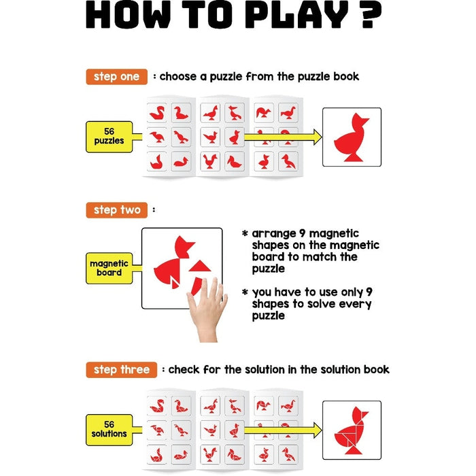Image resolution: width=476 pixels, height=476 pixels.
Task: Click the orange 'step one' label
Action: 116,77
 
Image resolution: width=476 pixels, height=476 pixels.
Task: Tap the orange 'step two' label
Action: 117,210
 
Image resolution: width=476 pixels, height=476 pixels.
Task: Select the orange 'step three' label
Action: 122,370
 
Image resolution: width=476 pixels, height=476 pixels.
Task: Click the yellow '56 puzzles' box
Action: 109,137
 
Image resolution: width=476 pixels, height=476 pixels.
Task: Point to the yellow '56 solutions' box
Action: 109,430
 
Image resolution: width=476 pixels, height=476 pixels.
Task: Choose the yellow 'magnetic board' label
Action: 109,268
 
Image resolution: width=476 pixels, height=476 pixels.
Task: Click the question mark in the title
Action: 371,14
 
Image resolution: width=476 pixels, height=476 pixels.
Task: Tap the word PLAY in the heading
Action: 299,14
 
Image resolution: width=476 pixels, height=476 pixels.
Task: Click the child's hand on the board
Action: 208,308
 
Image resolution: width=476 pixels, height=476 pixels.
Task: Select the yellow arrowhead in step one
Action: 318,137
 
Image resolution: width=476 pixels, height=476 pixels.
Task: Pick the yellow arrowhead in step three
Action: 318,430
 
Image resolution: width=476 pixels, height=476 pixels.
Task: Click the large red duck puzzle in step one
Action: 352,137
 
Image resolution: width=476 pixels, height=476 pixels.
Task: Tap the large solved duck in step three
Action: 352,430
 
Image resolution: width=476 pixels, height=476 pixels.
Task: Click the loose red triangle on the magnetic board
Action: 200,267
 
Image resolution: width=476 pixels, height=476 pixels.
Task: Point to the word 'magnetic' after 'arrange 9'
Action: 334,234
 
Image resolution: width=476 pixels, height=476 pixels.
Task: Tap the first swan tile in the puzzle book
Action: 157,113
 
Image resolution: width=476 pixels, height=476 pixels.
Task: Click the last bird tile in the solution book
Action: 288,454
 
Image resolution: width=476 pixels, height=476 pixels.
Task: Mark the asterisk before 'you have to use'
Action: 245,292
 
